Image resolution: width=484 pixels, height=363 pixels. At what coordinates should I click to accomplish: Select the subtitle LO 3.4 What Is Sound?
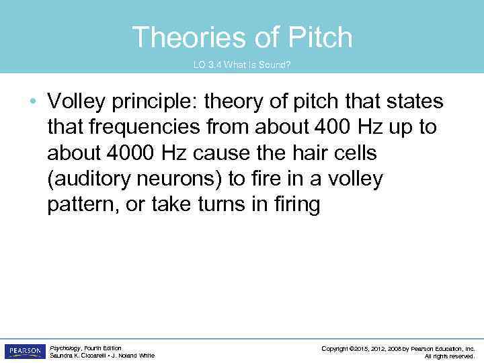[x=242, y=66]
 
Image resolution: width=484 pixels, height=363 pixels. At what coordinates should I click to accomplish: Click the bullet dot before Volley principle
[x=34, y=102]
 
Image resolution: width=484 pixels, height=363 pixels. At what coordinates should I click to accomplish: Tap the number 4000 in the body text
[x=128, y=153]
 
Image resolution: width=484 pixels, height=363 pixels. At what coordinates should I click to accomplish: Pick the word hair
[x=309, y=153]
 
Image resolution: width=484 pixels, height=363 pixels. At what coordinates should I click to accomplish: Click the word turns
[x=216, y=204]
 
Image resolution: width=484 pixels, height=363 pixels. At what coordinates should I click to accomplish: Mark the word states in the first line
[x=414, y=102]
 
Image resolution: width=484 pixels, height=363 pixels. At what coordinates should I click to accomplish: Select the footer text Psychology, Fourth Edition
[x=85, y=348]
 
